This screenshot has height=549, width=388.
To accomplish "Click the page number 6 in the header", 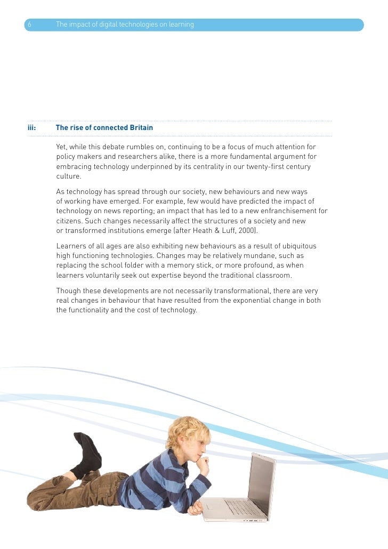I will point(29,25).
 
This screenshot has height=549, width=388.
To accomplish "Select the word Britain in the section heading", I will point(140,128).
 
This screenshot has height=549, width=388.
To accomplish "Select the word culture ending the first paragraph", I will point(68,176).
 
